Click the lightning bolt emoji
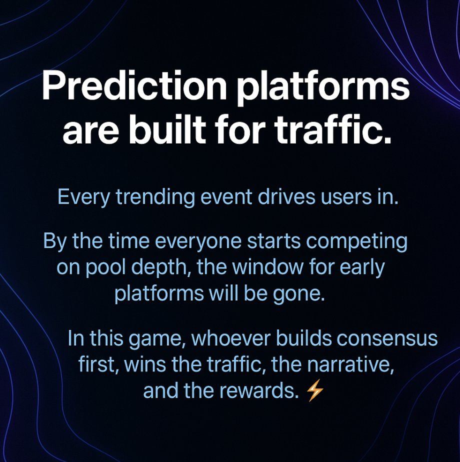tap(315, 390)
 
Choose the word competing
tap(356, 241)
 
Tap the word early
tap(362, 267)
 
